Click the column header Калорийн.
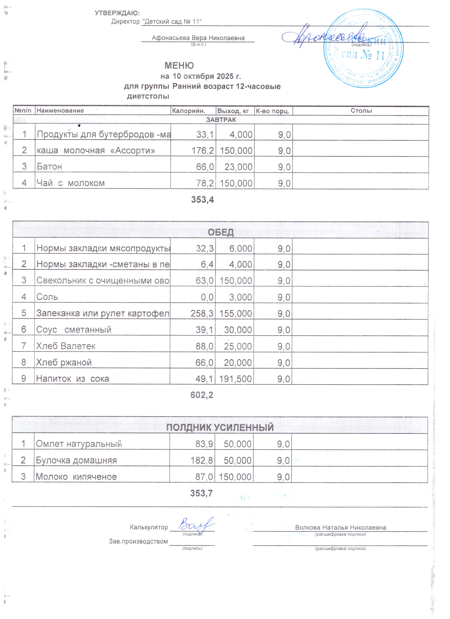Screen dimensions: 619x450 [188, 111]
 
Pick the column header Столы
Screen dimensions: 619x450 [361, 111]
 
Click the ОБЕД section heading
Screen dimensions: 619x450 [220, 232]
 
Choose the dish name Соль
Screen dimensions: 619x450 [47, 297]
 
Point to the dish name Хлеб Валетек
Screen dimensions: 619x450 [66, 346]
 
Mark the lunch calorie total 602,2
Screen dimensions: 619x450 [202, 395]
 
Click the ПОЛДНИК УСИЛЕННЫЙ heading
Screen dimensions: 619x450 [220, 427]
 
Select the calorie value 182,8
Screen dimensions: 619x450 [202, 460]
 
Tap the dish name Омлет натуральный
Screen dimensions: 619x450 [79, 444]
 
